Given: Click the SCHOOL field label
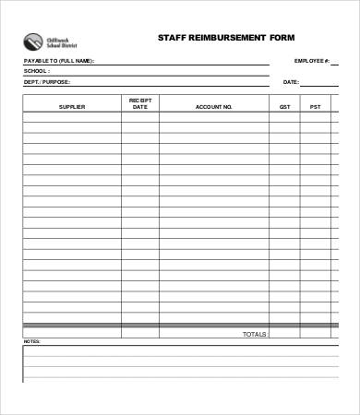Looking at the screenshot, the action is (x=37, y=71).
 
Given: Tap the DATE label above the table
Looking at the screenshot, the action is (x=291, y=82).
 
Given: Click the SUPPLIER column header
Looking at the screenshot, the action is (x=71, y=106).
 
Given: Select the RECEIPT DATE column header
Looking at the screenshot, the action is (x=140, y=103).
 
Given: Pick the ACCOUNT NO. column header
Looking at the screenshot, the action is (x=213, y=106).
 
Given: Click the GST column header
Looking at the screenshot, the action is (x=284, y=106).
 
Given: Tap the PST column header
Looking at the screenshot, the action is (x=316, y=106).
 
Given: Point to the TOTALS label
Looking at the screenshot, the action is (x=254, y=334).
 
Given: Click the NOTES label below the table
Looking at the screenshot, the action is (x=32, y=342).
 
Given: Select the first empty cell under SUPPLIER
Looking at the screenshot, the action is (x=71, y=118).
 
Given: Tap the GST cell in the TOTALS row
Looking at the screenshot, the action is (x=284, y=334).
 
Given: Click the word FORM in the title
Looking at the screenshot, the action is (x=282, y=39).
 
